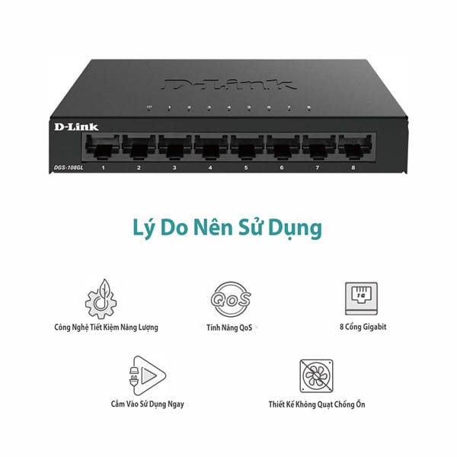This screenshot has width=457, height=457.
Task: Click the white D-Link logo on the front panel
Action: tap(76, 126)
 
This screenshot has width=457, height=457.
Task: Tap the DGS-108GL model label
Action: tap(69, 168)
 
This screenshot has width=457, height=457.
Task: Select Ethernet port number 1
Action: tap(103, 147)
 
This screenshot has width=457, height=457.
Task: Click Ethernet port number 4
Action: tap(211, 147)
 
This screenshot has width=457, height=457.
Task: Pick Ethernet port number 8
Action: tap(355, 147)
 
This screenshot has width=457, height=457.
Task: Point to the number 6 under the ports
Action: tap(282, 168)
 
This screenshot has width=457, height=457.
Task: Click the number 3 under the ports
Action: tap(174, 168)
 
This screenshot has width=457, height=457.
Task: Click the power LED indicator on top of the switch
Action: tap(149, 107)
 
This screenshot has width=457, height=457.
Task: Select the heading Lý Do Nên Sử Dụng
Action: tap(228, 228)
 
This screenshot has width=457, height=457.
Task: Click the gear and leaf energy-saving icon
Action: tap(101, 299)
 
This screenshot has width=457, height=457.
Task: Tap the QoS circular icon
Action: tap(231, 299)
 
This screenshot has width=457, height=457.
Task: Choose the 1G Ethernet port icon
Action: tap(361, 299)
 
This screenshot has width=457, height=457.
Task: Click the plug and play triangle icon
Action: tap(148, 376)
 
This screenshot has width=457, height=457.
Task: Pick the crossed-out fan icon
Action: tap(317, 376)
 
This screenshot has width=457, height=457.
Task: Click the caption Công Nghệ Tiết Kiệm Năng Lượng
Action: tap(106, 328)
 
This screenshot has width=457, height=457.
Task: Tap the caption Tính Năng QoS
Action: tap(229, 328)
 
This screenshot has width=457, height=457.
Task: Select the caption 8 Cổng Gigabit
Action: tap(363, 327)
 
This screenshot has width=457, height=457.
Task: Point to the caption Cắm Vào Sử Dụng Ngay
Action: tap(148, 404)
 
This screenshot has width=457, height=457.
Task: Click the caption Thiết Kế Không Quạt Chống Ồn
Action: tap(317, 404)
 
